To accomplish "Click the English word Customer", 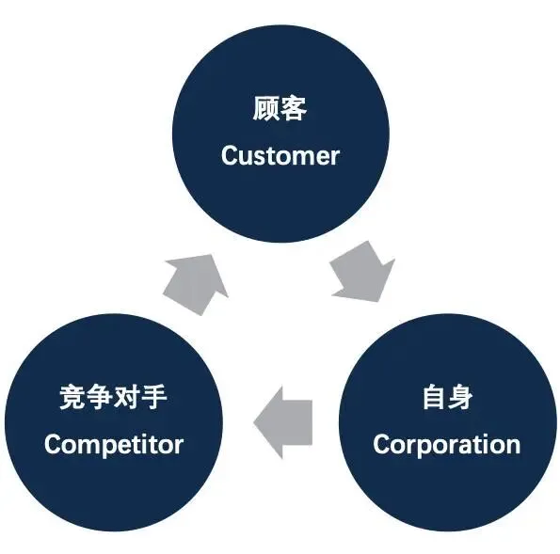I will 280,155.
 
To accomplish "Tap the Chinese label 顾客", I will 280,110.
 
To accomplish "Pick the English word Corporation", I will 446,443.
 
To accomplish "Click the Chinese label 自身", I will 447,398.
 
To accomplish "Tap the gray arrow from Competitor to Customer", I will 195,279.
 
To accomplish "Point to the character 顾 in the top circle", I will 266,110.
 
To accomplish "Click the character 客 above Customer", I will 294,110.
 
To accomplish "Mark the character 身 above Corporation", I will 461,398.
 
